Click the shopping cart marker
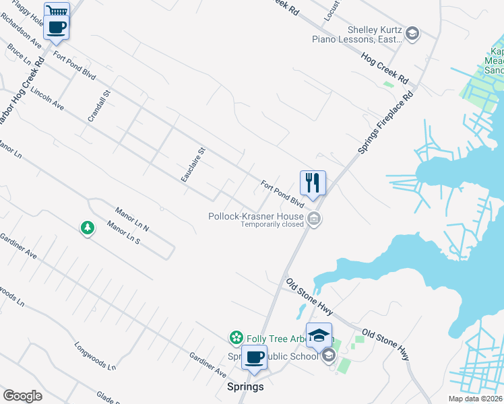[x=57, y=11]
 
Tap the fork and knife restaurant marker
[x=313, y=182]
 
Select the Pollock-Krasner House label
[x=255, y=216]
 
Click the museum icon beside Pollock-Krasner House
[x=314, y=219]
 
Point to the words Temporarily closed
[x=273, y=225]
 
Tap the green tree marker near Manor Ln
[x=87, y=228]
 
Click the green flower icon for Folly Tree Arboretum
[x=236, y=337]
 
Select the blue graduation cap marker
[x=319, y=335]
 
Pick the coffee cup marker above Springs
[x=254, y=357]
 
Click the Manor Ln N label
[x=131, y=219]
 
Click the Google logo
[x=22, y=396]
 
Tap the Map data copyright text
[x=474, y=399]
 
